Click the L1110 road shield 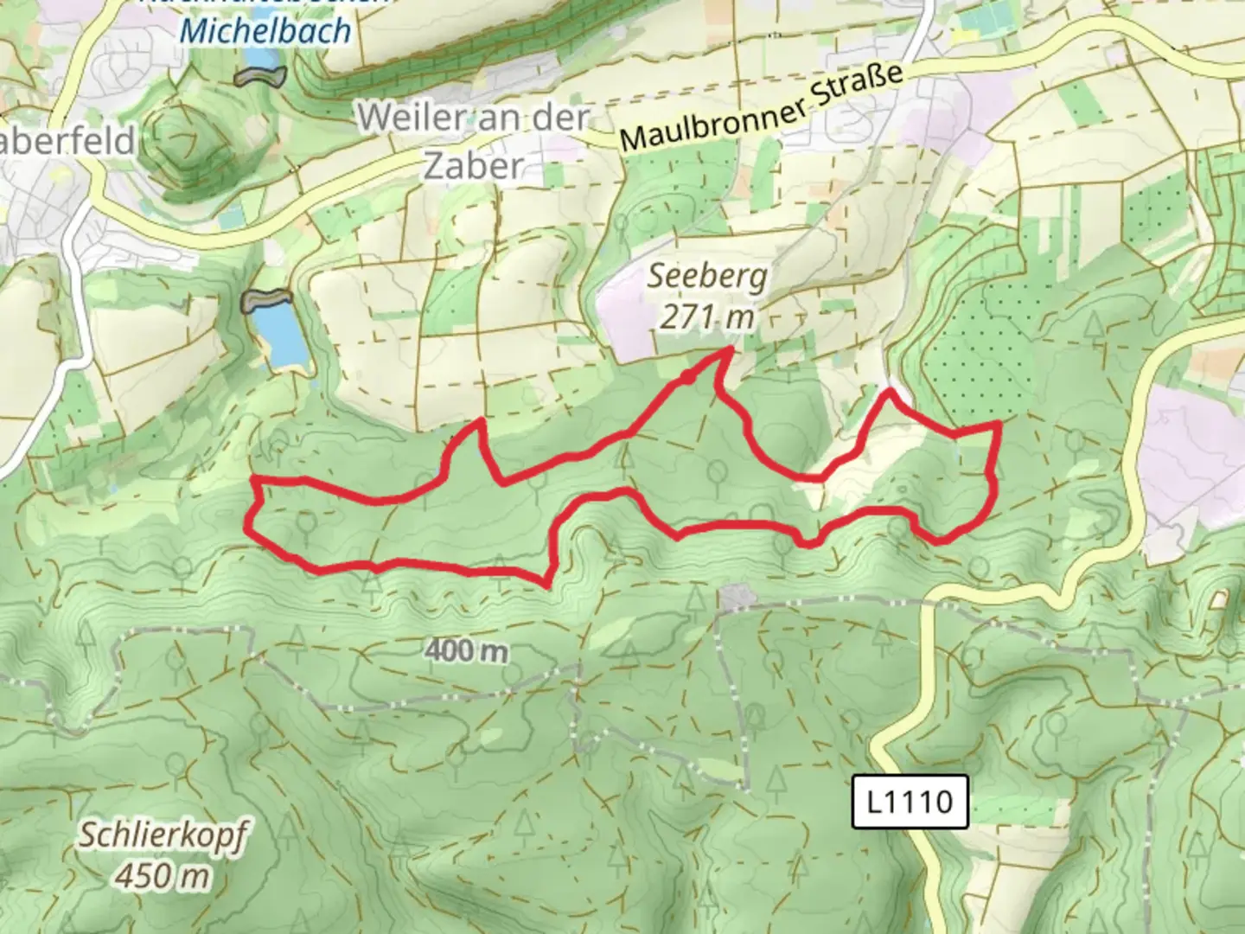[909, 802]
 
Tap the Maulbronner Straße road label [762, 111]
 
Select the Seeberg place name [707, 277]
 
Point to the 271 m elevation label [707, 317]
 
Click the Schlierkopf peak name [163, 836]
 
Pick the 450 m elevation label [163, 876]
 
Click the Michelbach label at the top [265, 31]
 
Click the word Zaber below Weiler [474, 165]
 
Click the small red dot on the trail [686, 377]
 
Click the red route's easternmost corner [999, 423]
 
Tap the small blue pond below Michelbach [260, 58]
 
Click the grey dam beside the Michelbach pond [259, 76]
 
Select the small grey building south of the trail [737, 597]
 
